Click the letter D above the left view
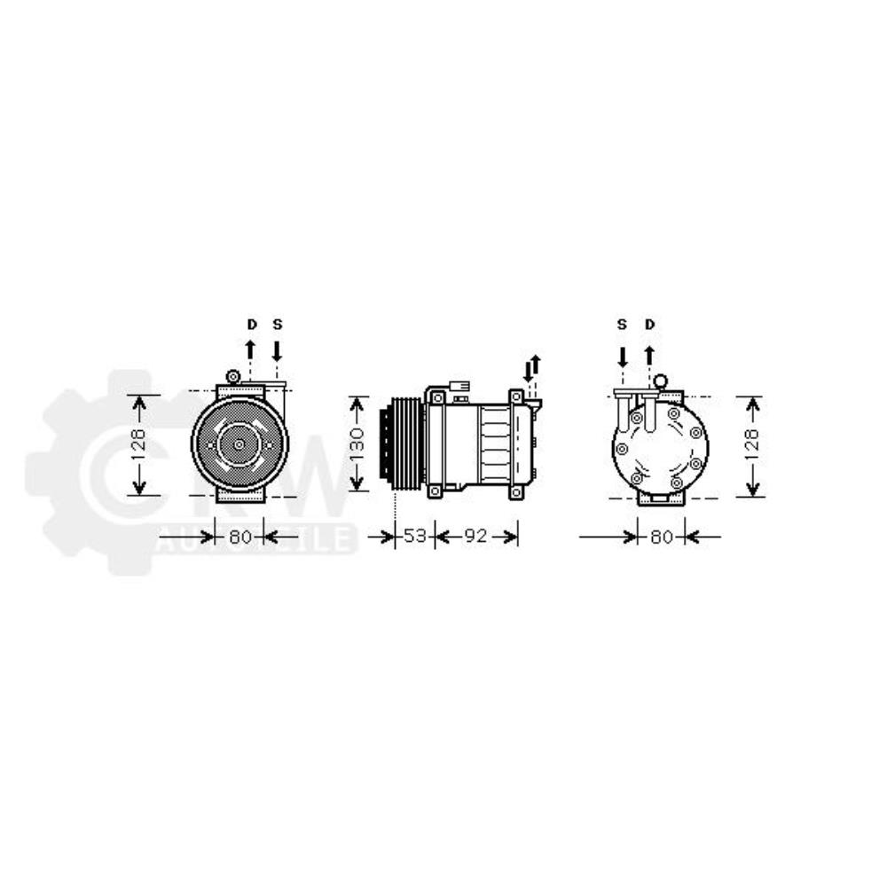point(251,325)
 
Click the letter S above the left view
point(277,325)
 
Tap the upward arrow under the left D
point(251,349)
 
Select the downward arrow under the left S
point(277,350)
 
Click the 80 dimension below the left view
point(240,537)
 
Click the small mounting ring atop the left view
point(233,376)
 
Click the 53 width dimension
point(415,537)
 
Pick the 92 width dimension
point(476,537)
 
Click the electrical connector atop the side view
point(459,388)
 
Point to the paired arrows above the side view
point(531,367)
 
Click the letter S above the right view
point(623,325)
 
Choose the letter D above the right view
point(649,325)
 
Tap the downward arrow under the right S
point(623,357)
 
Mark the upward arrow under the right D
point(649,356)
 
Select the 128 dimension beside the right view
point(752,446)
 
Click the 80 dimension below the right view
point(662,537)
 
